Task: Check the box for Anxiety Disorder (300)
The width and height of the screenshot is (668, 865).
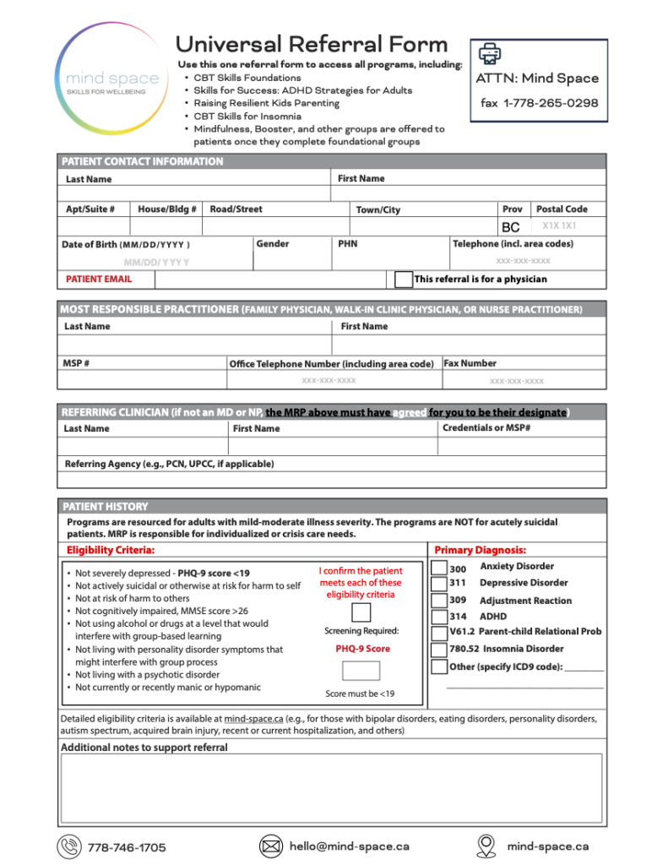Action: tap(438, 568)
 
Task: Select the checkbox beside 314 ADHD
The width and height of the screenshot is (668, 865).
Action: tap(438, 616)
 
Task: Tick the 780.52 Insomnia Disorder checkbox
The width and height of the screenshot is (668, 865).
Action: tap(438, 649)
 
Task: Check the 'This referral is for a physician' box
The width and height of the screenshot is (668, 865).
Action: tap(404, 279)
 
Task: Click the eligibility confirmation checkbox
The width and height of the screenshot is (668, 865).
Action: tap(361, 612)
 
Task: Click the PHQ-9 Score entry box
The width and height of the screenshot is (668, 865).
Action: tap(361, 671)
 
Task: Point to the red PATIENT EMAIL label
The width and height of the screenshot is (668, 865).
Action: tap(99, 279)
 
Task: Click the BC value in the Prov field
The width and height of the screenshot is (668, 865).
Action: tap(510, 227)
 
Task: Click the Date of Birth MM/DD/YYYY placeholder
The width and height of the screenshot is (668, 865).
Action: tap(156, 262)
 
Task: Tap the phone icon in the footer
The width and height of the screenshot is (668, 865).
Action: tap(68, 846)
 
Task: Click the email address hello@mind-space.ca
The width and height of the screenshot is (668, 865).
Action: tap(349, 846)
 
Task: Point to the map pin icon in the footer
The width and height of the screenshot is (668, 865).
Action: tap(486, 846)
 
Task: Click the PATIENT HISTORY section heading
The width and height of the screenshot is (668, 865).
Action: tap(106, 507)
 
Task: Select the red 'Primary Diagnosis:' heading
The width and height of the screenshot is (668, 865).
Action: tap(480, 550)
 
